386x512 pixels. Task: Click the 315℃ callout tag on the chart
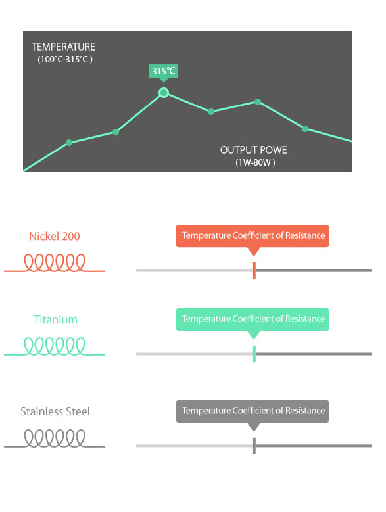[x=164, y=71]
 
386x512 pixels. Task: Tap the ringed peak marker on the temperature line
[x=164, y=93]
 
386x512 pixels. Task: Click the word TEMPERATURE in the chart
[x=63, y=47]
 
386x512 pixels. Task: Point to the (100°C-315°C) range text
[x=65, y=59]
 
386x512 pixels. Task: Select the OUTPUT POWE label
[x=253, y=150]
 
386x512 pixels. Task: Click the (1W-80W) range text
[x=255, y=162]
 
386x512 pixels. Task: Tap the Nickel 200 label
[x=55, y=236]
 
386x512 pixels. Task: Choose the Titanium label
[x=55, y=319]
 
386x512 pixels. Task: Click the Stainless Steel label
[x=55, y=411]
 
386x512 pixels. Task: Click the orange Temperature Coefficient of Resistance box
[x=253, y=236]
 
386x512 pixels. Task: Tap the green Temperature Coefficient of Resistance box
[x=253, y=319]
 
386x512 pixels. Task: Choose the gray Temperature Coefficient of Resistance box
[x=253, y=411]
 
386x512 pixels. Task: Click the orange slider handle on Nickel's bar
[x=254, y=270]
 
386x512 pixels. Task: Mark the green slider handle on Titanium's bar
[x=254, y=354]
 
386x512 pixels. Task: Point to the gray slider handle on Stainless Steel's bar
[x=254, y=446]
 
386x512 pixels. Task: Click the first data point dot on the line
[x=69, y=143]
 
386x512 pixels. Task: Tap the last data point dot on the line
[x=305, y=129]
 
